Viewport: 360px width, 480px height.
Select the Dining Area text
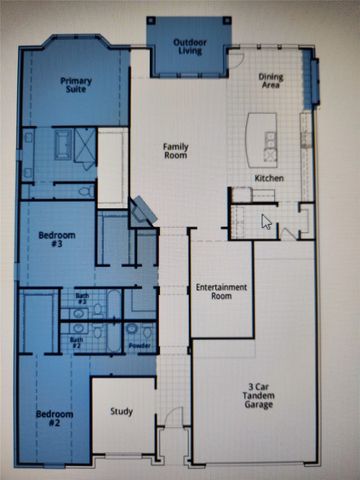tap(270, 81)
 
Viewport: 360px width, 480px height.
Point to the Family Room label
tap(176, 151)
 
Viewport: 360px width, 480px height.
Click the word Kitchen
tap(269, 177)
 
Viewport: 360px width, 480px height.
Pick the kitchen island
tap(261, 137)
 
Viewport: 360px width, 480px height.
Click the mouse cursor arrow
tap(266, 221)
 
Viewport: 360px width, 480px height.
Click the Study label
tap(121, 411)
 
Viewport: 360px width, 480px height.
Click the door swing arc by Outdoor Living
tap(234, 59)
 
